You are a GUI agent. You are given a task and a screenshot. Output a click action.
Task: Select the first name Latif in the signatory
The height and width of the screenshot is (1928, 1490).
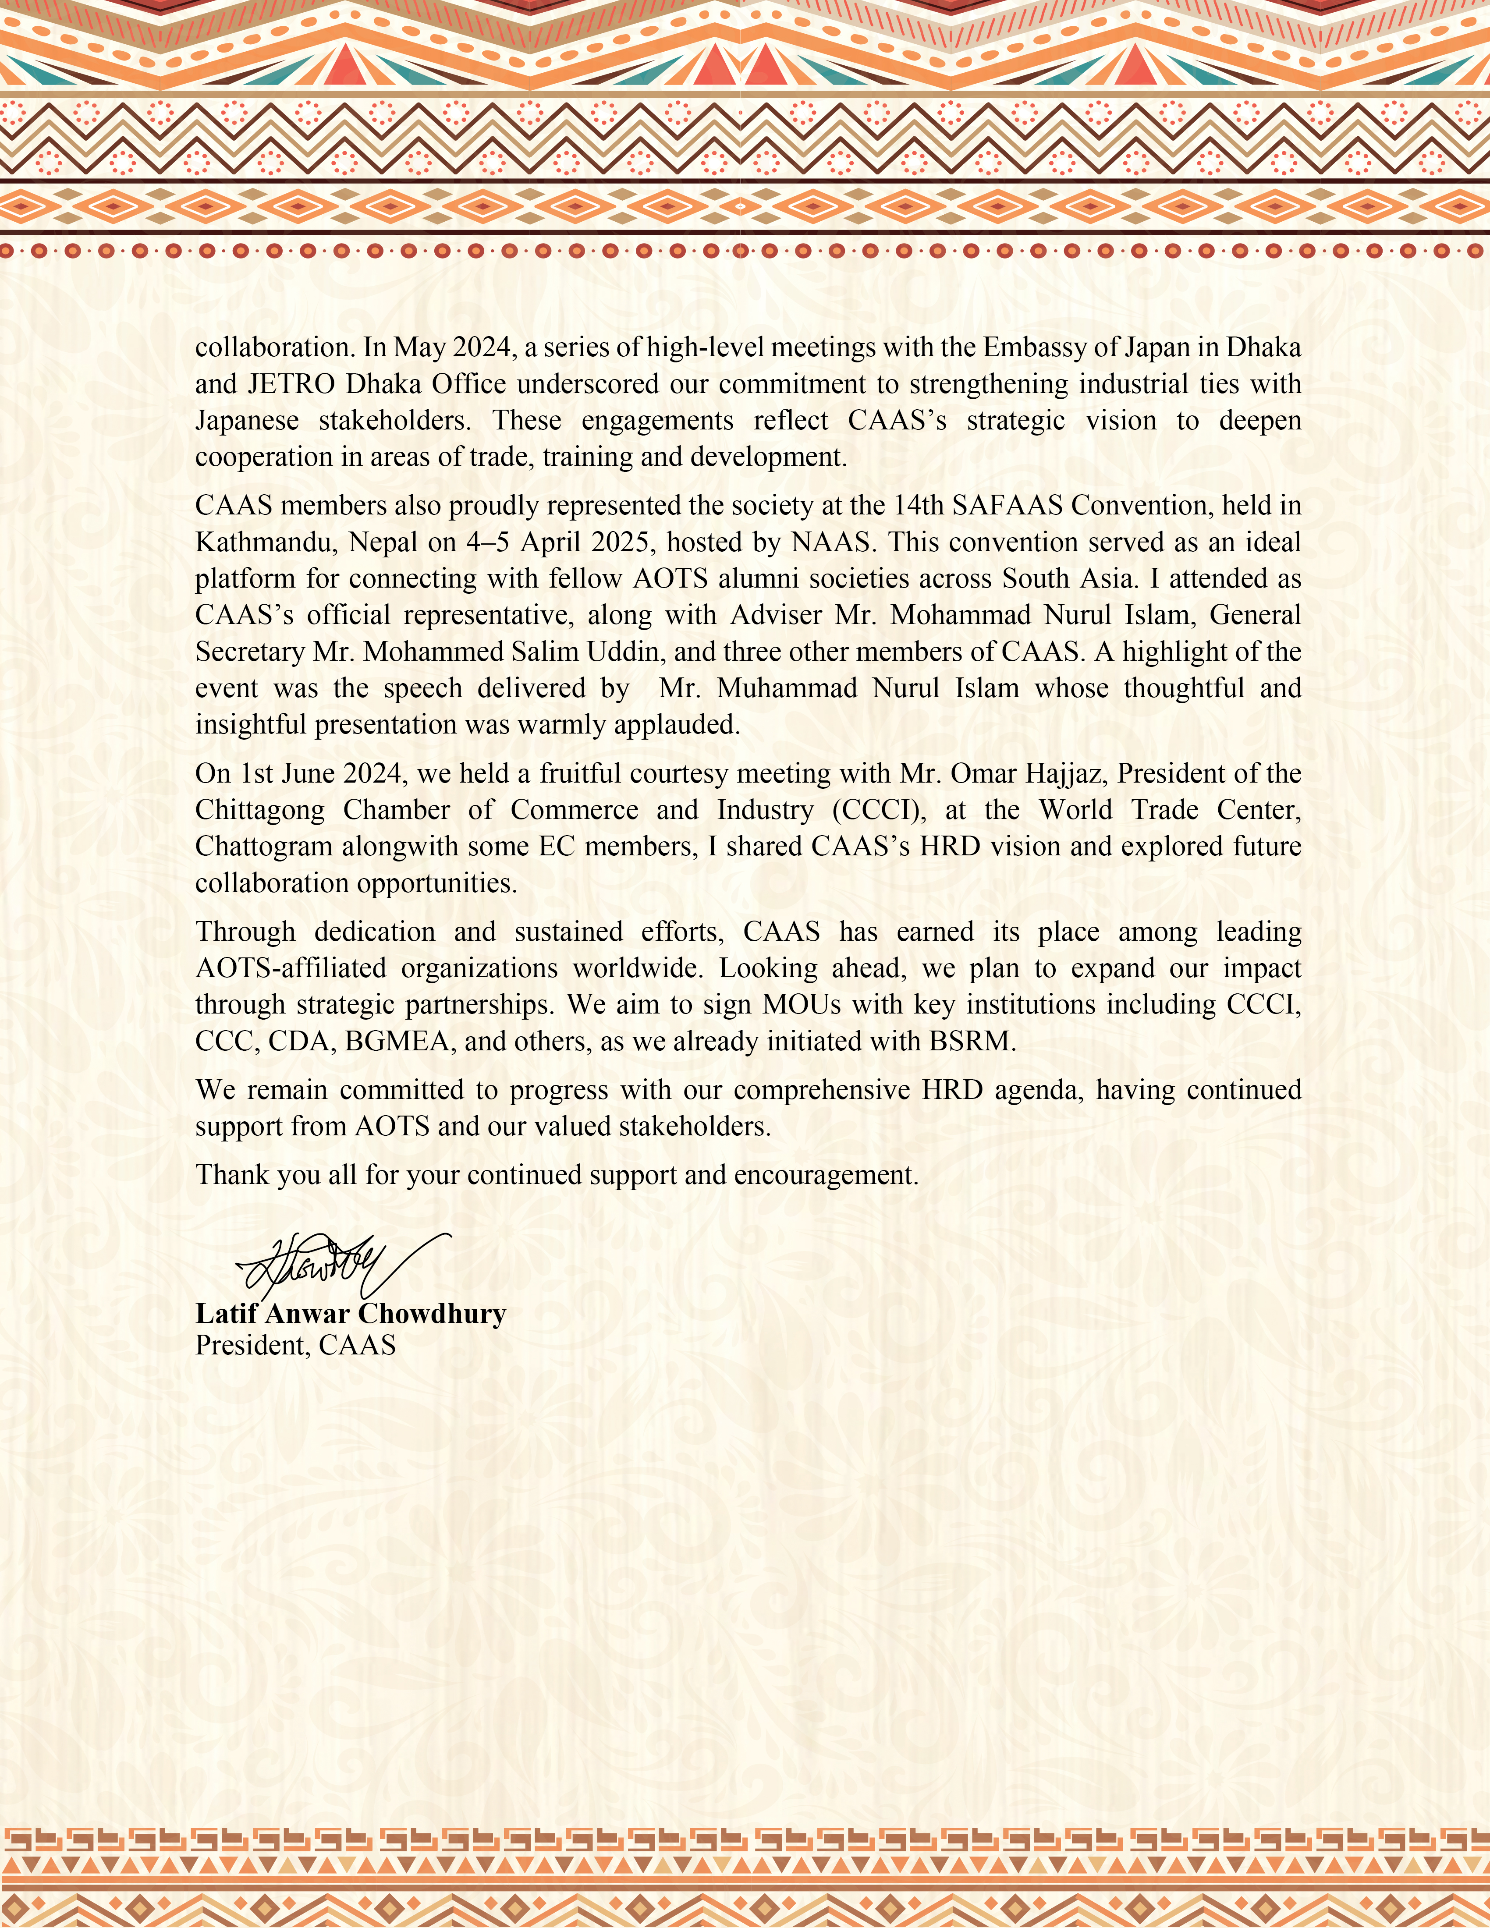click(x=227, y=1314)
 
